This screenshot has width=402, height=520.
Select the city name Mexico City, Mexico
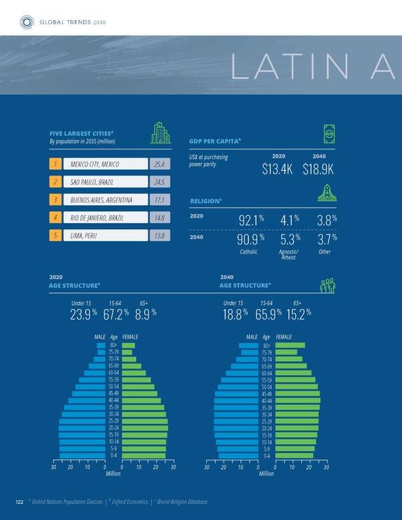(x=91, y=164)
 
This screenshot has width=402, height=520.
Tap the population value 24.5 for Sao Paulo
(x=159, y=182)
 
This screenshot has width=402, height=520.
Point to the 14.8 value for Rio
(x=159, y=218)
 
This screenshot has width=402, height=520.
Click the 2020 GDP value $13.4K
(x=277, y=168)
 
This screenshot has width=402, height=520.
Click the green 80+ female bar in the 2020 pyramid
(x=129, y=346)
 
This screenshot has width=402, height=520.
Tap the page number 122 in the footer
(x=20, y=503)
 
